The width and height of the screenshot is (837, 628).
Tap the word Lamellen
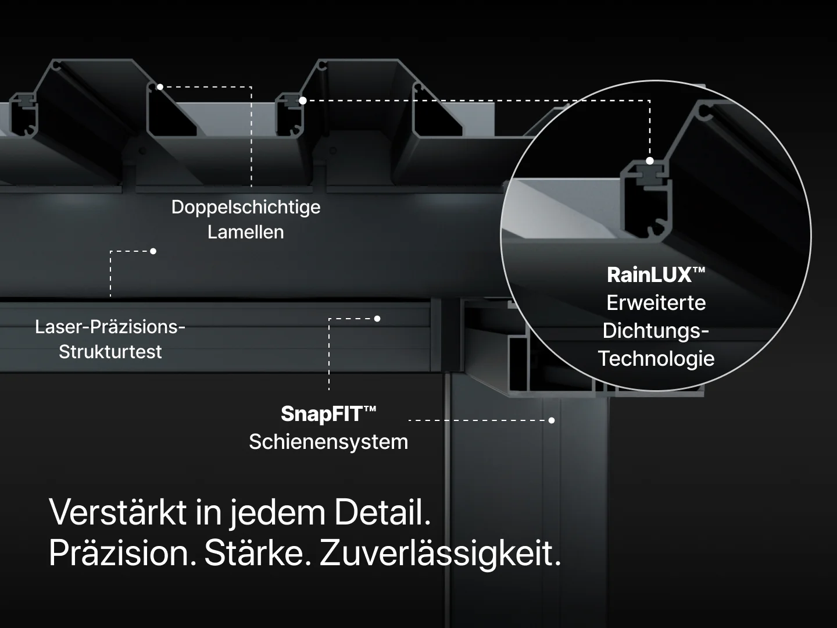coord(246,232)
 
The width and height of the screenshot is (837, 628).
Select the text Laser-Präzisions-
coord(110,327)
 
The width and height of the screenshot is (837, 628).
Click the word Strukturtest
coord(110,351)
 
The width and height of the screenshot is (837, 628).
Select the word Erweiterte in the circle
coord(656,303)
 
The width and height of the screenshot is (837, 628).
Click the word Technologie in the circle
coord(656,359)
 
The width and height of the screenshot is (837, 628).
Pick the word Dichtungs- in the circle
coord(656,331)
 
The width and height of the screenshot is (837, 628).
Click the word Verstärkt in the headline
coord(118,512)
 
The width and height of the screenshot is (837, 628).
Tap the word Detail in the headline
coord(382,512)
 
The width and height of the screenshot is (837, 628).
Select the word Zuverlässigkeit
coord(441,554)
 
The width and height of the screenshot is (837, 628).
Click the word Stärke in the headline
coord(257,553)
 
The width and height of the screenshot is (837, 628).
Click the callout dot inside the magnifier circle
coord(650,161)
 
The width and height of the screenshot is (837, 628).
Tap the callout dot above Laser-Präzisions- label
coord(153,251)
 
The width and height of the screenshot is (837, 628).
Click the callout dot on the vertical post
coord(552,420)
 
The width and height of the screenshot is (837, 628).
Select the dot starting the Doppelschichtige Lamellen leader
coord(160,87)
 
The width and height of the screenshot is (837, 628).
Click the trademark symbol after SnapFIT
coord(370,409)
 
